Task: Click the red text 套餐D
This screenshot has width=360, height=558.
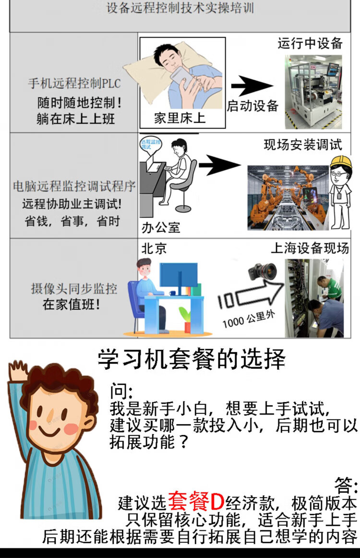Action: coord(196,501)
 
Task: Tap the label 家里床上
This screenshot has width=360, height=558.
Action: coord(180,118)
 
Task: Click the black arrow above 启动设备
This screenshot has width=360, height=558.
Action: coord(252,86)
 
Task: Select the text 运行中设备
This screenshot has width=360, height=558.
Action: coord(310,43)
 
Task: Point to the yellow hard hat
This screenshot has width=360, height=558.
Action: coord(340,162)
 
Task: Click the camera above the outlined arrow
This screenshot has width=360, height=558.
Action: coord(262,271)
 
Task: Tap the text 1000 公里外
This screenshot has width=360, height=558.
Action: coord(249,319)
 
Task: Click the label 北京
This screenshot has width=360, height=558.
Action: coord(154,248)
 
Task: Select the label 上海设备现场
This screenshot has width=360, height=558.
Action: coord(310,248)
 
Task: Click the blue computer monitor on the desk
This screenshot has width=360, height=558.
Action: coord(179,275)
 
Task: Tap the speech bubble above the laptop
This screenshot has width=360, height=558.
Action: coord(150,146)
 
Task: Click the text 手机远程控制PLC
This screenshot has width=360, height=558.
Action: coord(74,83)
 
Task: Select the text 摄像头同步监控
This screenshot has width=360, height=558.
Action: coord(74,289)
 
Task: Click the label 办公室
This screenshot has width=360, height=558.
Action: coord(161,228)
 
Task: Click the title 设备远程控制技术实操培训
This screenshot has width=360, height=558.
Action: coord(180,8)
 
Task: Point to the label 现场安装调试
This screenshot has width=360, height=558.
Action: coord(303,145)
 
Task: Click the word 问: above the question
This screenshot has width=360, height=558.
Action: coord(121,391)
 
